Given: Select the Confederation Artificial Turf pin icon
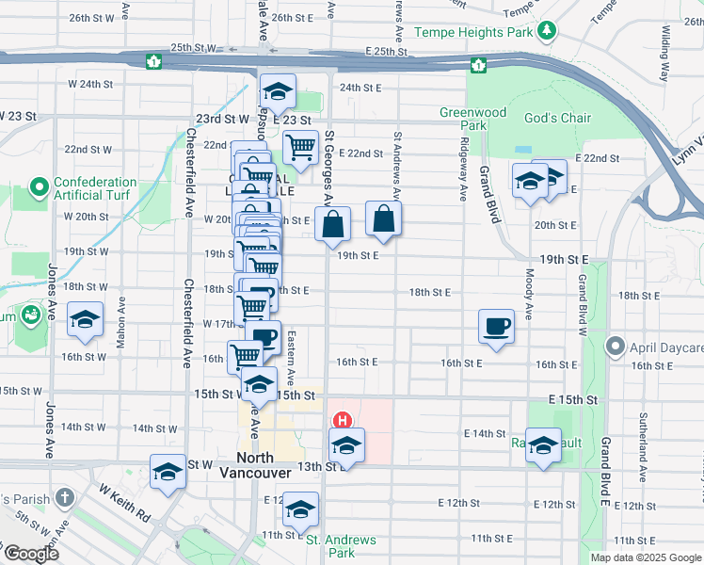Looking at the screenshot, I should click(40, 188).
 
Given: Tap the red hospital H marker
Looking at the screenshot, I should click(344, 420).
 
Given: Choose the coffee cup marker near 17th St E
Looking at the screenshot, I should click(496, 326).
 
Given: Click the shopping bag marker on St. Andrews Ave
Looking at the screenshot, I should click(385, 218).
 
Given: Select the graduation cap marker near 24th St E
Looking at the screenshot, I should click(278, 90).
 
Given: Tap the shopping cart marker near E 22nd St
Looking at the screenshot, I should click(300, 146).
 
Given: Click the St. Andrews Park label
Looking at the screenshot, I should click(341, 546).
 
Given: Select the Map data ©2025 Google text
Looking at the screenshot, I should click(646, 557).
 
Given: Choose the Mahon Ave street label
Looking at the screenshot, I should click(120, 326).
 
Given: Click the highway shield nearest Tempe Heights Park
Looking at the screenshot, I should click(479, 65).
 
